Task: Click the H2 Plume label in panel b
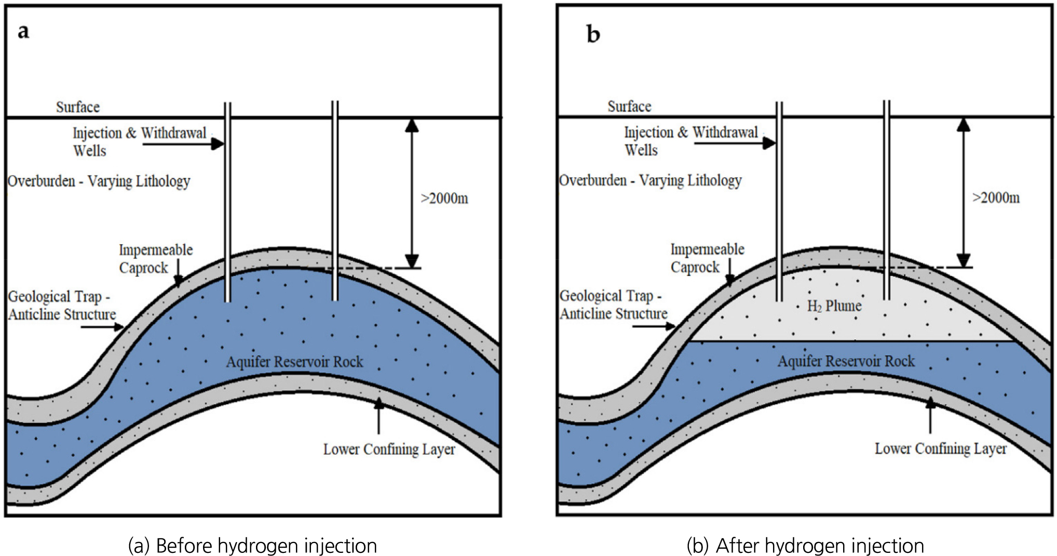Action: [x=834, y=306]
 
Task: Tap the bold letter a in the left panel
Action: [x=23, y=32]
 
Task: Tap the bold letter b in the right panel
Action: [x=593, y=34]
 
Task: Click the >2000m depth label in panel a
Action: [x=444, y=198]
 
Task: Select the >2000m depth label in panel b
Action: [x=996, y=198]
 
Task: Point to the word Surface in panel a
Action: [x=78, y=107]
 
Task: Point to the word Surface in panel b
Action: [x=629, y=107]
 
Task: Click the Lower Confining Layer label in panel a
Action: [x=389, y=449]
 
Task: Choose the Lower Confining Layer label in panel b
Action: [x=940, y=448]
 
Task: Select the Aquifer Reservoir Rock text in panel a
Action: [x=294, y=362]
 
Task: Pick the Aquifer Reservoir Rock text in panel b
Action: [x=846, y=361]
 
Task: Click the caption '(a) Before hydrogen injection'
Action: [x=252, y=546]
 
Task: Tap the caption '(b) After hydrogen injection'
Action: [x=805, y=546]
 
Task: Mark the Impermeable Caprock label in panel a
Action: [x=155, y=259]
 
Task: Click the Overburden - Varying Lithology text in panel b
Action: [x=650, y=180]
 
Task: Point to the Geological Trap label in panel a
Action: [x=62, y=306]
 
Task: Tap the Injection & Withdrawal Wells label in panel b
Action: [x=690, y=141]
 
